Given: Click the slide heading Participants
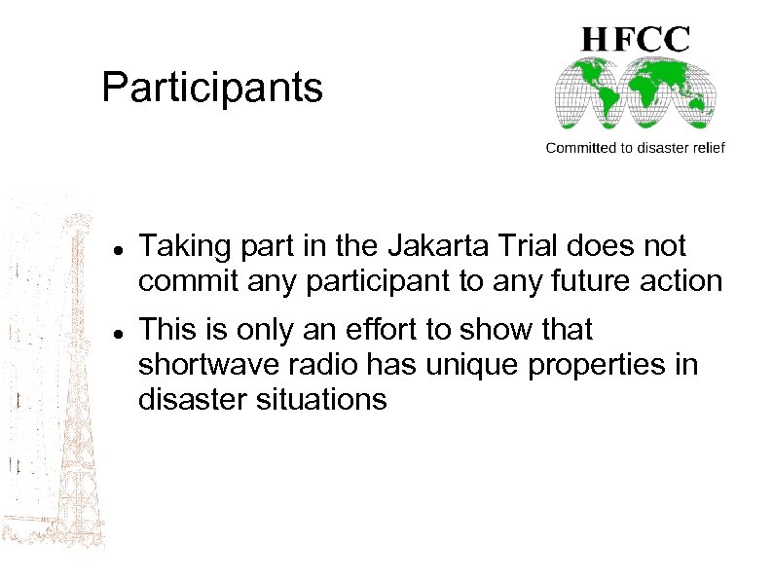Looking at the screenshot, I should coord(211,88).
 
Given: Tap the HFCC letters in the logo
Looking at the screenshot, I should coord(636,39).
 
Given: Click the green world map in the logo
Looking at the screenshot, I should coord(635,94).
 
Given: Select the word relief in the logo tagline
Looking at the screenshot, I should coord(704,148).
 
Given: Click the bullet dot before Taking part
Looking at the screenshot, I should coord(116,250).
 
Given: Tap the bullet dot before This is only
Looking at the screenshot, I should coord(116,334).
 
